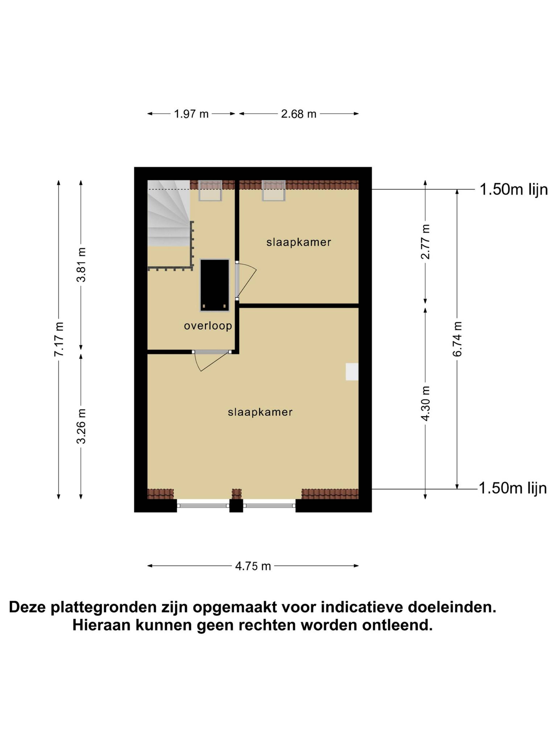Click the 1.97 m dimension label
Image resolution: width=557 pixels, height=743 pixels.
[191, 114]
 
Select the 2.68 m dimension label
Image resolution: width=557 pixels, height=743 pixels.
[299, 114]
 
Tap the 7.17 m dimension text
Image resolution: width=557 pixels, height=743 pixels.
[59, 339]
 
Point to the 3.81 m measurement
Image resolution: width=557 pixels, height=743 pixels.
[81, 265]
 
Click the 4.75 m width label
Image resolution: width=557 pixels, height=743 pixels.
[253, 566]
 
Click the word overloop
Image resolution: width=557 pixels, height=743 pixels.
[208, 325]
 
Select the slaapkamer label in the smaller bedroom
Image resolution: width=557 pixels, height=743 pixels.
[299, 242]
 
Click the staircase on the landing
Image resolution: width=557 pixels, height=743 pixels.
[169, 213]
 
